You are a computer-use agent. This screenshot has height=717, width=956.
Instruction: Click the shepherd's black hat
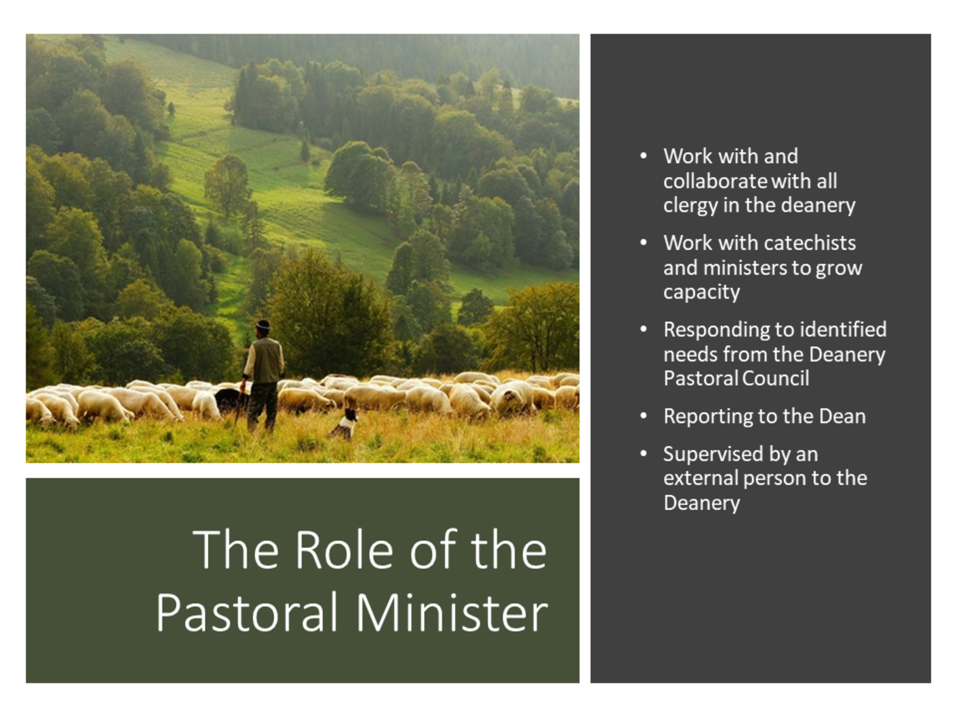click(263, 325)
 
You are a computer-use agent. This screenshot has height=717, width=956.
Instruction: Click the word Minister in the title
click(452, 613)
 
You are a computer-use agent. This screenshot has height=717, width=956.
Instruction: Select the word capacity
click(701, 293)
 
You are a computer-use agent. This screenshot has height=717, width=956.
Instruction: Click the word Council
click(776, 379)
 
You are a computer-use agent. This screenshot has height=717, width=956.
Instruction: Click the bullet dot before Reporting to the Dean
click(644, 416)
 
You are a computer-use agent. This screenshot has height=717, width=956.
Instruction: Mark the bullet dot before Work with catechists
click(644, 242)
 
